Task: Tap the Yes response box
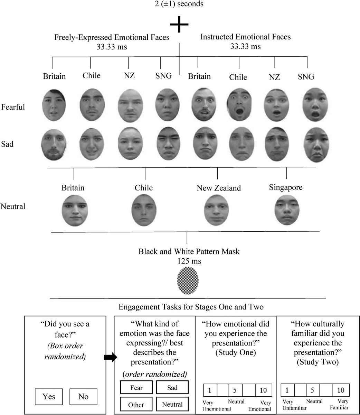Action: click(49, 396)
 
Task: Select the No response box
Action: click(83, 396)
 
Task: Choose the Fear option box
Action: click(136, 388)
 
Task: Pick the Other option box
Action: click(136, 405)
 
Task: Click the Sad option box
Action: click(172, 388)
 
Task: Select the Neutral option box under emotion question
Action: click(172, 404)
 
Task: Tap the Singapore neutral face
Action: click(287, 210)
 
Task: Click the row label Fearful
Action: click(13, 107)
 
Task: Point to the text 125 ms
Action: click(189, 261)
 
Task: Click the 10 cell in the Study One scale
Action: click(263, 390)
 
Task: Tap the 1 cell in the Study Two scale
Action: click(287, 390)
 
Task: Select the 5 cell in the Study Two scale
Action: click(312, 390)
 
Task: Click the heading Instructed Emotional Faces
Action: click(245, 37)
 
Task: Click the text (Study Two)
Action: click(317, 362)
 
